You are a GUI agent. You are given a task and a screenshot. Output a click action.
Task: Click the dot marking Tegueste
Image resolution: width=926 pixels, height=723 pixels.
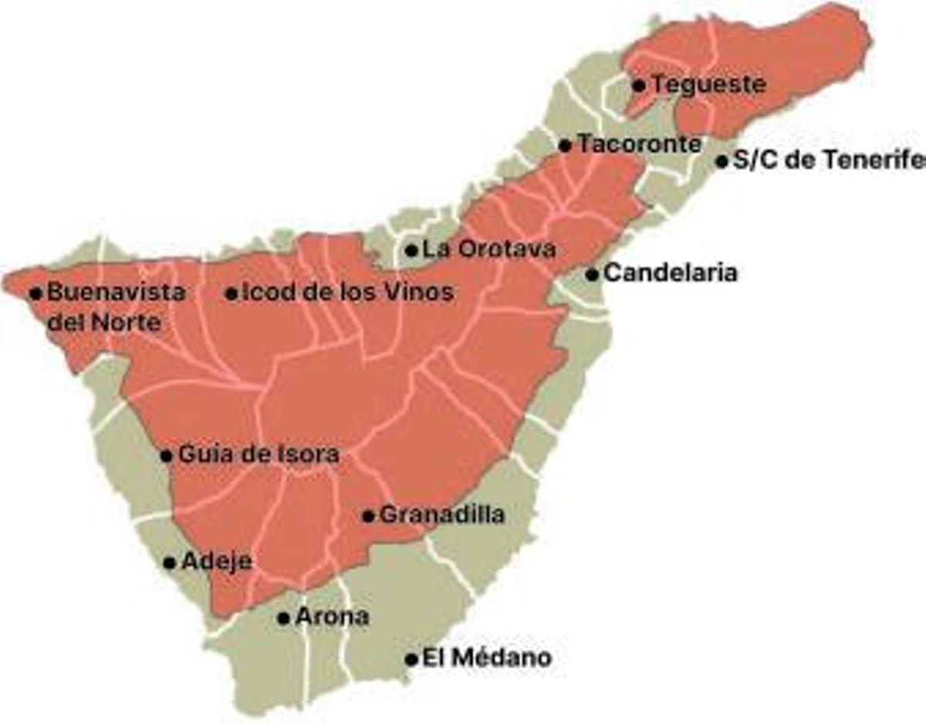point(638,85)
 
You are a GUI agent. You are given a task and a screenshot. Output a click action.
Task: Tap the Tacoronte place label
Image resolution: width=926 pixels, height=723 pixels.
point(640,144)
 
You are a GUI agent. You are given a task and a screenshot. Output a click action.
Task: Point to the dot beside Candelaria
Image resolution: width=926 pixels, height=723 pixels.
point(592,274)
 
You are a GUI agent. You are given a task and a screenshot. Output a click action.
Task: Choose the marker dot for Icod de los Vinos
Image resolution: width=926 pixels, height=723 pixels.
point(231,293)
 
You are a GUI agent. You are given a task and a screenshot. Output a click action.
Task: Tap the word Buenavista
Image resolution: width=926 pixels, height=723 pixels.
point(116,292)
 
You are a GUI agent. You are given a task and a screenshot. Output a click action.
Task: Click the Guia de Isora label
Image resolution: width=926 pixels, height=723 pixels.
point(259,454)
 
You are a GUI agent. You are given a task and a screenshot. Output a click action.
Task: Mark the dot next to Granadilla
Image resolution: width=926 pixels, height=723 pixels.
point(368,516)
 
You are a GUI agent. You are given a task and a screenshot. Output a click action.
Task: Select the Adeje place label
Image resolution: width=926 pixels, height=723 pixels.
point(216,562)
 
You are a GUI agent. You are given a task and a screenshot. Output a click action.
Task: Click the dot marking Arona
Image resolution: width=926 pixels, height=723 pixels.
point(284,618)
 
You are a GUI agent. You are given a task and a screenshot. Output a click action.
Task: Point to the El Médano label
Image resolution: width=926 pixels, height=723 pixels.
point(488,658)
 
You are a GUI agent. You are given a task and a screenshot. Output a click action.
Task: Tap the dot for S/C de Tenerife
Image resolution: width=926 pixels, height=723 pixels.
point(722,162)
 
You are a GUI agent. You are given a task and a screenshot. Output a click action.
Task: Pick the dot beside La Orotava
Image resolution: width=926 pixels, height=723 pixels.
point(411,250)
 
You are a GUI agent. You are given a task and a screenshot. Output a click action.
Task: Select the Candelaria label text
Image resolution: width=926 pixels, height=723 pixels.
point(670,272)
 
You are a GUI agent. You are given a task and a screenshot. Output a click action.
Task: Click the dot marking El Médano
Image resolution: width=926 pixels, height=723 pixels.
point(411,660)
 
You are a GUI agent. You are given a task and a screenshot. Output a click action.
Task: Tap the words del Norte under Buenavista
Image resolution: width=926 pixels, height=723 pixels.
point(104,322)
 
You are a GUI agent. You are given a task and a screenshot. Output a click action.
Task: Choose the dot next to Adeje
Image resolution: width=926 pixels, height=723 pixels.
point(169,563)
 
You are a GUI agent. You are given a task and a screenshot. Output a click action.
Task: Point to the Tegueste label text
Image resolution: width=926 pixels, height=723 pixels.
point(708,84)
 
